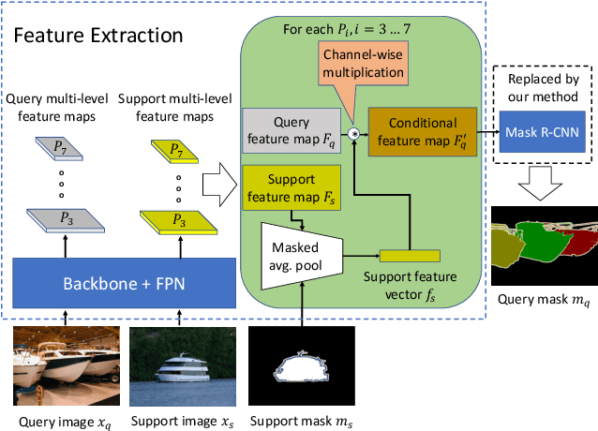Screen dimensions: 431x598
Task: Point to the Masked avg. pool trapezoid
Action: pyautogui.click(x=296, y=245)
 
